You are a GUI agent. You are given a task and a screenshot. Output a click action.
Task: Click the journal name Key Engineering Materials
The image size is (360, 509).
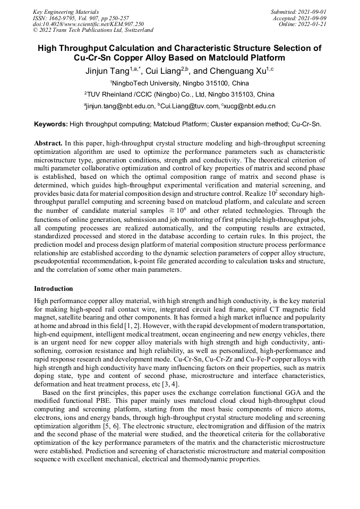[66, 11]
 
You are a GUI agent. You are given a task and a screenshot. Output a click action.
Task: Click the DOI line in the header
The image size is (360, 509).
[88, 24]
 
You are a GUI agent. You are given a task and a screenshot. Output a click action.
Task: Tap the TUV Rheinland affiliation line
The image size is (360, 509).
[179, 94]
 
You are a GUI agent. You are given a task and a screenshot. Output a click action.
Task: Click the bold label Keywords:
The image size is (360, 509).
[51, 125]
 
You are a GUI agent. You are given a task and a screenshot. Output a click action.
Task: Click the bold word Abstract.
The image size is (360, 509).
[48, 144]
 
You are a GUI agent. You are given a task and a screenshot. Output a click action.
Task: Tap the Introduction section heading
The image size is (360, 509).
[54, 289]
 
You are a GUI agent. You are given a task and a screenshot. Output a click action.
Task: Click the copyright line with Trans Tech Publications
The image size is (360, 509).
[93, 30]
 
